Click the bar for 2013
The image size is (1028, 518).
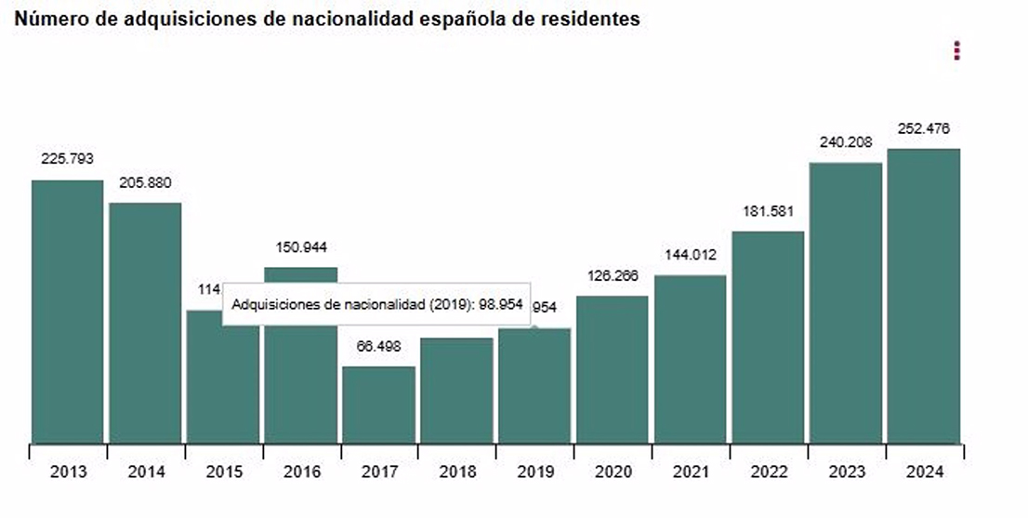68,312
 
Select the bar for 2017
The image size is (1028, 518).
378,405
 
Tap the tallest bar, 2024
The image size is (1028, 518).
923,296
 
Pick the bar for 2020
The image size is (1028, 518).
612,369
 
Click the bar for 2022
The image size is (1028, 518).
767,337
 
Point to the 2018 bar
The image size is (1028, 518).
456,390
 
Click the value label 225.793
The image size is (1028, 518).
67,159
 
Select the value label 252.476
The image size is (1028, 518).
923,128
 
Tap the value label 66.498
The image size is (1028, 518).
378,346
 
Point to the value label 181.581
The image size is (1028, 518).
767,211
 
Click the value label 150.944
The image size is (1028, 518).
301,247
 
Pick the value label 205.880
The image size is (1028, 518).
145,182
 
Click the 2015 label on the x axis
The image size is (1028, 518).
223,472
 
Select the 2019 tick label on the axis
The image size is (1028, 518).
534,472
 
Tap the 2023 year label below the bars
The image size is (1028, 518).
845,472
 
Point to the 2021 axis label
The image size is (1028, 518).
690,472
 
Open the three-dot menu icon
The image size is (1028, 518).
956,50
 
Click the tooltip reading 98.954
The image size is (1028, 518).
376,304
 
